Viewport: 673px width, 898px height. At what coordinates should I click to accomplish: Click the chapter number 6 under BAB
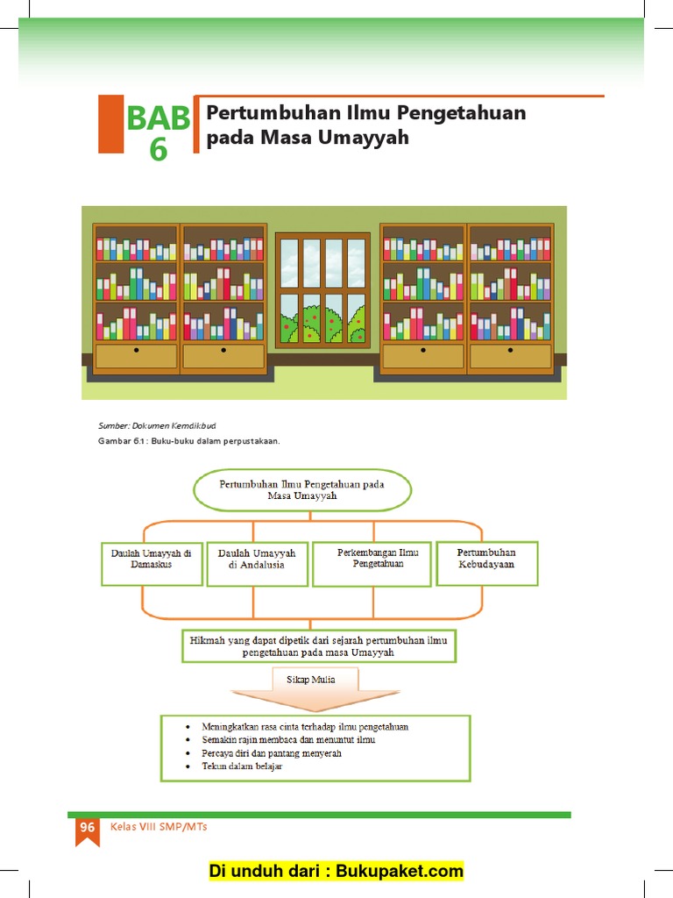point(158,150)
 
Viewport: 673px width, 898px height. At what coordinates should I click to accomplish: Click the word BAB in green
point(158,118)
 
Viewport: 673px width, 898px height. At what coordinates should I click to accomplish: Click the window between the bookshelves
point(322,289)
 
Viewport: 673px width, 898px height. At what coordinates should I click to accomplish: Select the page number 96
point(87,828)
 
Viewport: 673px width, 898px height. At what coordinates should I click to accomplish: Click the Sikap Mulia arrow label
point(310,679)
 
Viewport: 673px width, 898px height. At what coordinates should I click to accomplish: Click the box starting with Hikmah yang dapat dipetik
point(318,646)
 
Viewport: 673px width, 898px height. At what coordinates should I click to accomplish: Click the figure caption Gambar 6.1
point(188,441)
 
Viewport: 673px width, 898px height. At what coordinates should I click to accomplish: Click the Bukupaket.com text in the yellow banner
point(400,871)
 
